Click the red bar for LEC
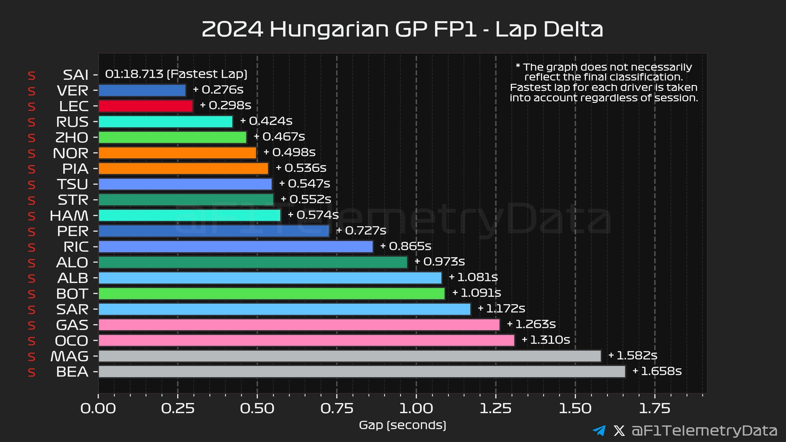(146, 106)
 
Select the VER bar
(142, 91)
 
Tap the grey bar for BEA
(362, 372)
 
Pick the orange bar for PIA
(183, 169)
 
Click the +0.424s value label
(267, 121)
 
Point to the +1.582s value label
(633, 356)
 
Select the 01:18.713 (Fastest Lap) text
(176, 74)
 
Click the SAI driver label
(76, 75)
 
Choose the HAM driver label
(69, 216)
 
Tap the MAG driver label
(70, 356)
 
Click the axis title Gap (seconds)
(403, 425)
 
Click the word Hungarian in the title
(329, 30)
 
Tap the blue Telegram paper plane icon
(599, 431)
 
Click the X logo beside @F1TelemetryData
(619, 431)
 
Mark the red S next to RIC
(32, 247)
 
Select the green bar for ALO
(253, 262)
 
